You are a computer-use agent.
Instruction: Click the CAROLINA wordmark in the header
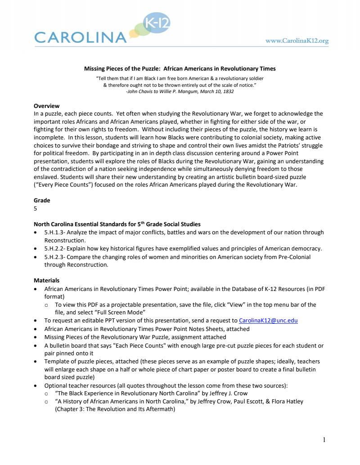(x=80, y=37)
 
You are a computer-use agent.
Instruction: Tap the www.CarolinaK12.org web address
(x=297, y=41)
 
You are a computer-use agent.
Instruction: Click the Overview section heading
(x=47, y=106)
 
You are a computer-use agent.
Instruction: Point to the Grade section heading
(x=42, y=200)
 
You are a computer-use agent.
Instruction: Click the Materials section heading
(x=46, y=280)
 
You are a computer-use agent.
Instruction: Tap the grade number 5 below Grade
(x=36, y=209)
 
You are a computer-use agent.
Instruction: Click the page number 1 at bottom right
(x=324, y=439)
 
